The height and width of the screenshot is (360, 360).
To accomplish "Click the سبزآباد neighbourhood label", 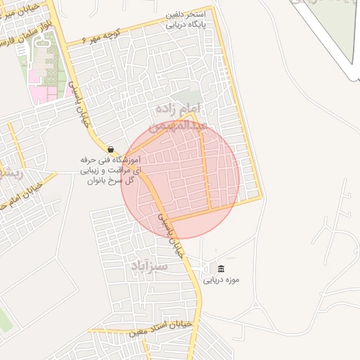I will tap(149, 266).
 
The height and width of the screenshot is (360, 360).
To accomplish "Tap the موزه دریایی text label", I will tap(221, 280).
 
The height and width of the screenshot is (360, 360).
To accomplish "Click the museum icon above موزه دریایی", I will tap(221, 269).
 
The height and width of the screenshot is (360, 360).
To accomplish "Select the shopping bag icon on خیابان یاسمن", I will tap(111, 149).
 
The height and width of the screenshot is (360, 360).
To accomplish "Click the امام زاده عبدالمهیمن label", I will tap(199, 117).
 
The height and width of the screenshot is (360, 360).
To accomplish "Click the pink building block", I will tap(42, 94).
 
